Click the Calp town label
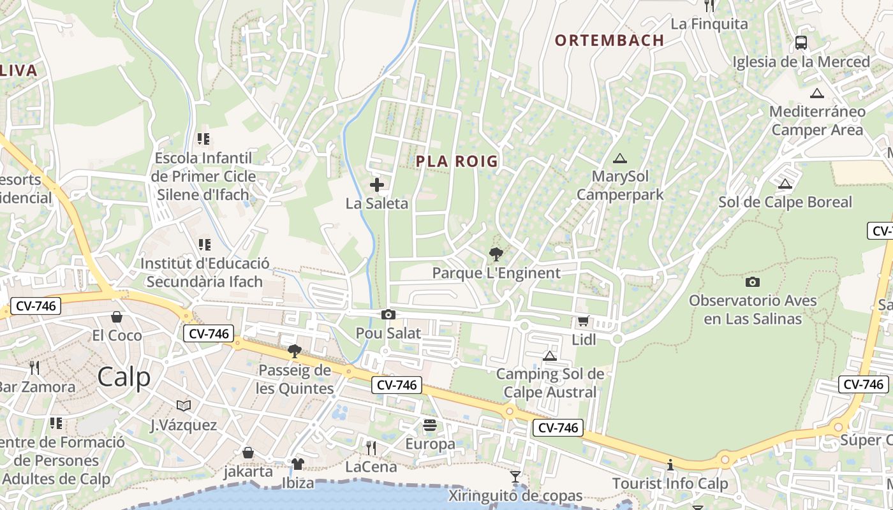click(x=124, y=377)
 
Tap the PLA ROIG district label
click(x=457, y=161)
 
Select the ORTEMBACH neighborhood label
click(x=610, y=40)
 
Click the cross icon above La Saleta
click(x=377, y=186)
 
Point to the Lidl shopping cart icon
click(x=583, y=321)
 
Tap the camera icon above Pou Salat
click(x=388, y=314)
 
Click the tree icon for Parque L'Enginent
click(x=496, y=254)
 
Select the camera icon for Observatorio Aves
click(x=753, y=282)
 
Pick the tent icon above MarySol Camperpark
click(x=619, y=158)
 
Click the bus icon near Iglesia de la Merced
click(x=801, y=43)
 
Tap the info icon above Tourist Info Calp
click(x=670, y=465)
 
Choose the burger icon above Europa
click(x=430, y=425)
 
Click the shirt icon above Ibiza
click(x=298, y=463)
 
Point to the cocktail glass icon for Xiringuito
click(x=515, y=476)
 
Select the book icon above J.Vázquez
click(x=184, y=405)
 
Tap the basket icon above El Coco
click(x=117, y=317)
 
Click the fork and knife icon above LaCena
click(x=371, y=448)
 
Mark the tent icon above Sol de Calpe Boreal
click(x=785, y=184)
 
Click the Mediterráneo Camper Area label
click(x=817, y=120)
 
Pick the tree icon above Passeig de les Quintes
click(x=295, y=351)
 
